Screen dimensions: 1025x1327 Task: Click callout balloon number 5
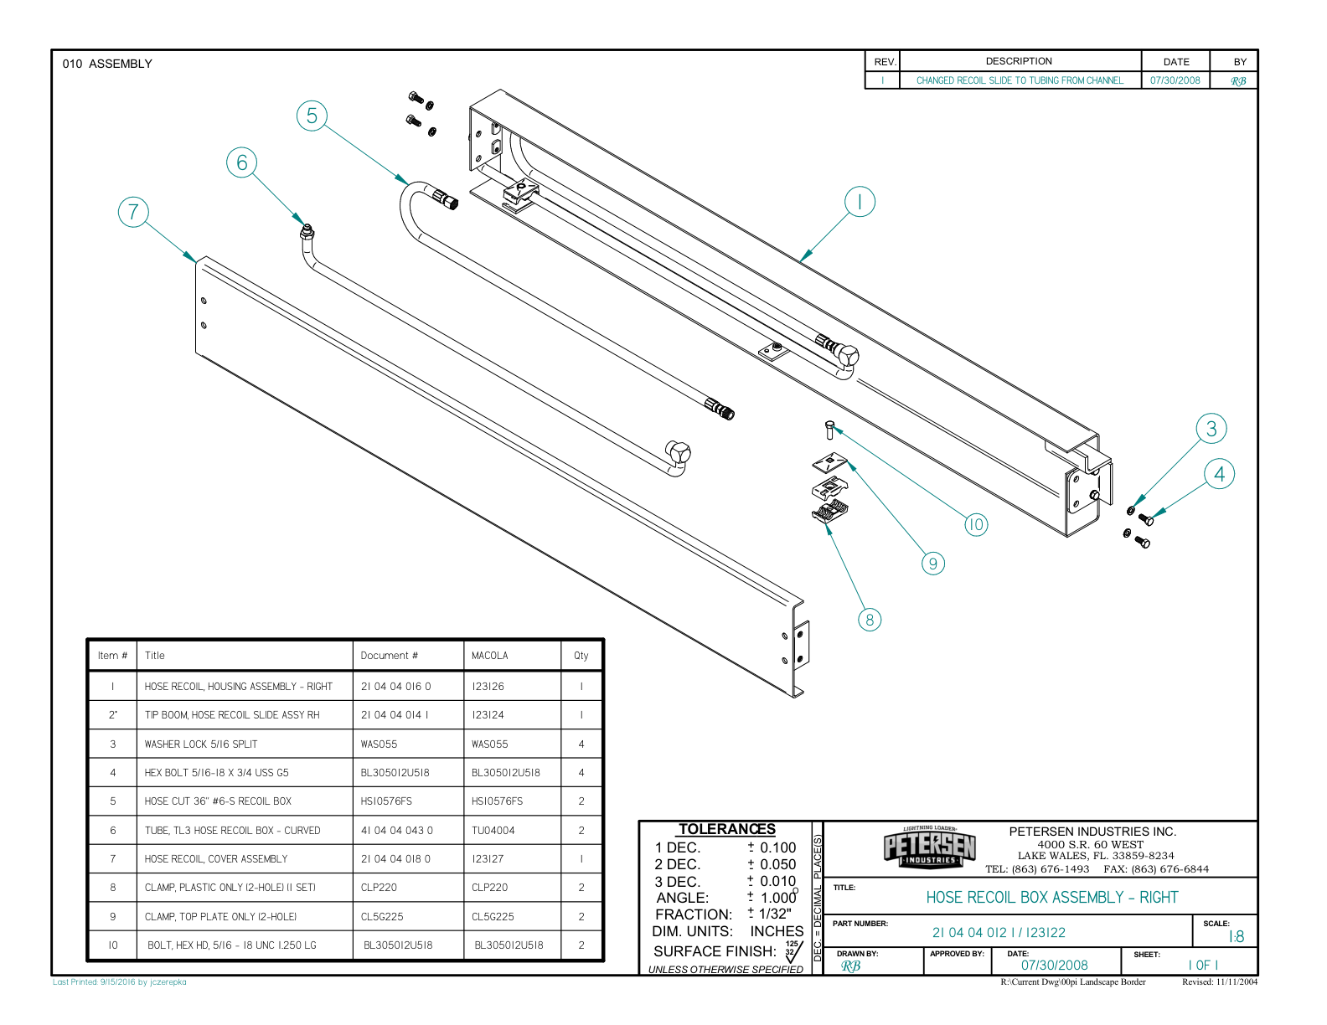coord(312,116)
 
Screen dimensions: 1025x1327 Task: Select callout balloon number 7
coord(133,212)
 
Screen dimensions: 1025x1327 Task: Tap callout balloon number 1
coord(860,202)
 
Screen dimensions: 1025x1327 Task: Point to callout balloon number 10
coord(975,525)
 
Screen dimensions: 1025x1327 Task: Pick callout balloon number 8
coord(870,620)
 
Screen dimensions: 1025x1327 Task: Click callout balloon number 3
coord(1211,429)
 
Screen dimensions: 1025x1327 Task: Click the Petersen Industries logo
coord(930,847)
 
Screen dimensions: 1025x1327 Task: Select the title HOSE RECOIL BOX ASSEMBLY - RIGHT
coord(1051,898)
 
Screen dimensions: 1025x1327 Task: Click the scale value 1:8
coord(1236,937)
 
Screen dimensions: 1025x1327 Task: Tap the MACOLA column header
coord(490,656)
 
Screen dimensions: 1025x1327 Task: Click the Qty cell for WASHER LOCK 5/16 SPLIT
coord(581,744)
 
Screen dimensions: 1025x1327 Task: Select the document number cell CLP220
coord(379,888)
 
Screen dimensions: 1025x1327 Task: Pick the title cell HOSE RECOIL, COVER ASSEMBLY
coord(216,859)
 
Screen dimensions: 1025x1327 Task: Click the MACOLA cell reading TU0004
coord(493,831)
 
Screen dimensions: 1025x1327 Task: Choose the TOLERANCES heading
coord(726,829)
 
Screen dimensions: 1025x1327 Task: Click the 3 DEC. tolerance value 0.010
coord(777,881)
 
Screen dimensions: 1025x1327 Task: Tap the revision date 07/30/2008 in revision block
coord(1175,80)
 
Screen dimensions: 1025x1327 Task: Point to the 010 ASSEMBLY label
coord(107,64)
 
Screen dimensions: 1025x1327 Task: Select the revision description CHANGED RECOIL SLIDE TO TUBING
coord(1020,80)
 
